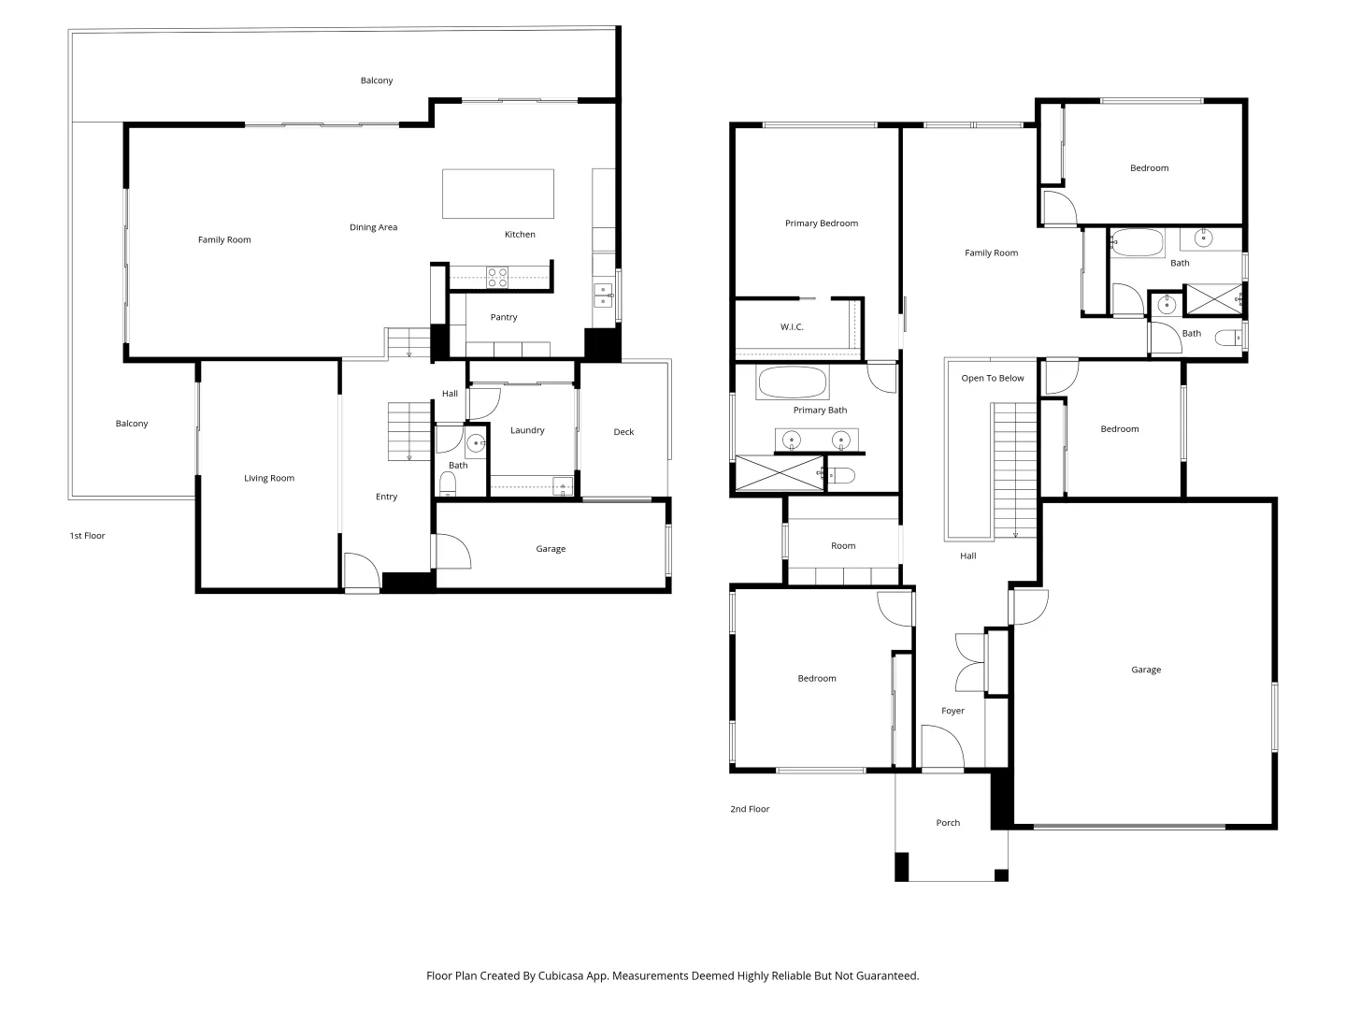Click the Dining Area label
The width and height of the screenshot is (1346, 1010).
[x=373, y=227]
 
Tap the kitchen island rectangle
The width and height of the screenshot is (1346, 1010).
[x=497, y=194]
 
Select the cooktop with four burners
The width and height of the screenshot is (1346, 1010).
[x=496, y=277]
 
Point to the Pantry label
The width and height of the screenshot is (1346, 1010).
[x=504, y=317]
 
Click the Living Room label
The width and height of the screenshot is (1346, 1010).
[x=269, y=478]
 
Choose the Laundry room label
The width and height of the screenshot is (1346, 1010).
[x=527, y=430]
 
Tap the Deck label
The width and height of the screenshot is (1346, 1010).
[x=623, y=432]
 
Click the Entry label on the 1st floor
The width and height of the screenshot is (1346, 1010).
[x=386, y=497]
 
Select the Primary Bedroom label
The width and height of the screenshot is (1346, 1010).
[x=821, y=224]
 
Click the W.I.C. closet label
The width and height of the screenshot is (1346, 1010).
[x=792, y=327]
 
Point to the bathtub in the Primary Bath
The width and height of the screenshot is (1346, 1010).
[x=792, y=383]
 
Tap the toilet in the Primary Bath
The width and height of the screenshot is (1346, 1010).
[x=840, y=475]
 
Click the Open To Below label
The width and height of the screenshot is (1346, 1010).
[x=992, y=379]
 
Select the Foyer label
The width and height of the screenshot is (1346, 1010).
[x=952, y=711]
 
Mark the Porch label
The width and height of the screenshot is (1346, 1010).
[x=948, y=823]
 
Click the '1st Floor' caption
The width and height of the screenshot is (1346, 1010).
[x=87, y=536]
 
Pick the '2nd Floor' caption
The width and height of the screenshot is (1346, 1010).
[x=750, y=809]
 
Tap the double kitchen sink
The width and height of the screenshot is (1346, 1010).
[x=604, y=295]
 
